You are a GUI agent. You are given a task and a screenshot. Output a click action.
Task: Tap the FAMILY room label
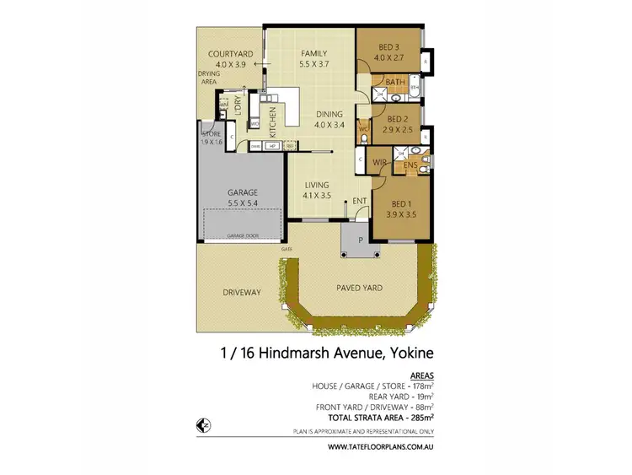(313, 53)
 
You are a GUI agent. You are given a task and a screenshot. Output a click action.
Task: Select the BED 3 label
(389, 47)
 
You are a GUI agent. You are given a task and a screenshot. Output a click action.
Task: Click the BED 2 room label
(397, 120)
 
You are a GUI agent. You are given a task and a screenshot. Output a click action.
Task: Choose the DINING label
(329, 115)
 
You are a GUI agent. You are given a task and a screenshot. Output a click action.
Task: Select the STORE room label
(211, 133)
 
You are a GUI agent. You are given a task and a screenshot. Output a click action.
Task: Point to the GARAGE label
(243, 192)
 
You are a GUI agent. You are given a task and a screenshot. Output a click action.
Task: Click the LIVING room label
(316, 186)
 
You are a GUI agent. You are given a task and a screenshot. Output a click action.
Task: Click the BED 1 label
(400, 204)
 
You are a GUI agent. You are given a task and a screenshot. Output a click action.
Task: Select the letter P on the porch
(361, 239)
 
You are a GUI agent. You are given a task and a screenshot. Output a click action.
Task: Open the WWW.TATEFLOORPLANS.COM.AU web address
(382, 446)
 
